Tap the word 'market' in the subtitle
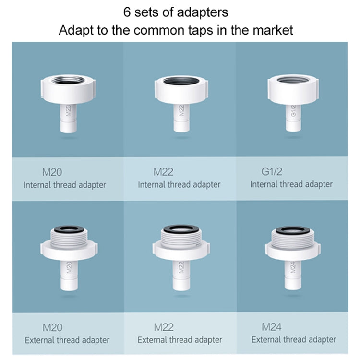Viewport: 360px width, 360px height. coord(269,30)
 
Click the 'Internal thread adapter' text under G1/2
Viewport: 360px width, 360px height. coord(291,184)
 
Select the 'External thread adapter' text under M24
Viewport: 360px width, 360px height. coord(294,339)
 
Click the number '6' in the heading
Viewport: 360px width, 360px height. coord(127,11)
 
